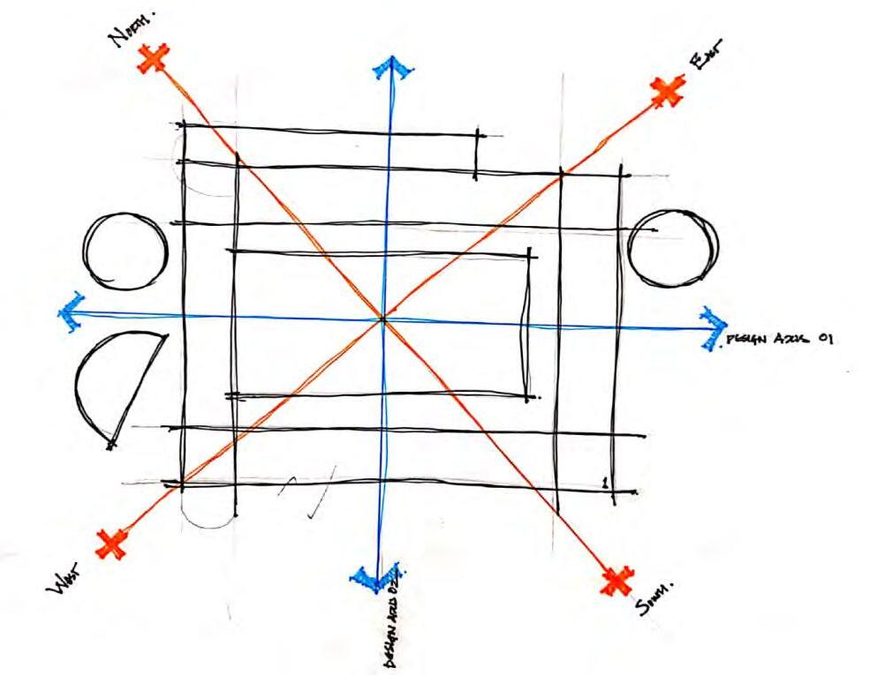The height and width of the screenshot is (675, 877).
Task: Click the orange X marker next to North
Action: point(155,59)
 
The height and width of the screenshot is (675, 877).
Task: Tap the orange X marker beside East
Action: point(668,90)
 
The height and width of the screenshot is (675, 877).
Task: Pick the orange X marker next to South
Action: point(616,580)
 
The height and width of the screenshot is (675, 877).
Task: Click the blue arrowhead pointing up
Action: point(390,68)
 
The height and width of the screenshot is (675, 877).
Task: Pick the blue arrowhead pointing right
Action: point(712,326)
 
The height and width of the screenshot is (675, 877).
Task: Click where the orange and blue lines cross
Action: point(382,319)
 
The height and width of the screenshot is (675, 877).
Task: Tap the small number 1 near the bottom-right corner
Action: point(604,482)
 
